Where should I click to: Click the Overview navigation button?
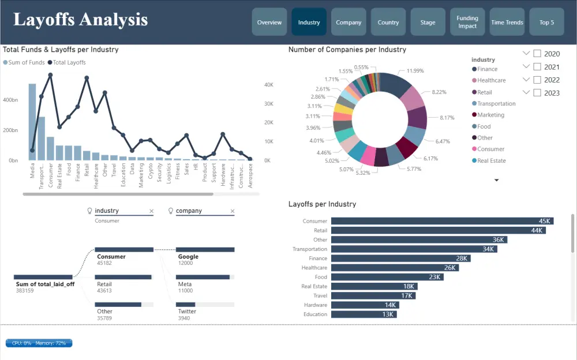coord(269,22)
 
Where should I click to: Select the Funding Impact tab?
coord(467,22)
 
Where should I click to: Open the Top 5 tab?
coord(546,22)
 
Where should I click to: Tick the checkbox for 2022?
coord(537,80)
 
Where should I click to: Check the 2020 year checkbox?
coord(537,54)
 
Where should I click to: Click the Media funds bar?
coord(32,122)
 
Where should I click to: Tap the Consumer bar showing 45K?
coord(442,221)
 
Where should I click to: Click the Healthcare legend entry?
coord(491,81)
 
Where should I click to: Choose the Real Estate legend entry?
coord(491,161)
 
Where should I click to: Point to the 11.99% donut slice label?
coord(415,70)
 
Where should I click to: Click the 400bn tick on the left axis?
coord(9,100)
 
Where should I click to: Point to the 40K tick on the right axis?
coord(268,85)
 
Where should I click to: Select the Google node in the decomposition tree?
coord(205,250)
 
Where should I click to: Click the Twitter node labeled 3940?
coord(205,305)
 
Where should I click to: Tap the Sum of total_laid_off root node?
coord(43,277)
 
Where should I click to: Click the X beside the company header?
coord(233,211)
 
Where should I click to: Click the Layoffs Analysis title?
coord(80,20)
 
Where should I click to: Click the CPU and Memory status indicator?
coord(39,343)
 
